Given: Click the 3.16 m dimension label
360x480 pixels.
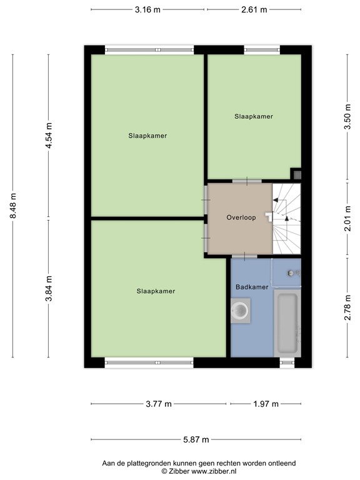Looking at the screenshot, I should pos(148,10).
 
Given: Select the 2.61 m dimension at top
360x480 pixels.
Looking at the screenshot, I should pos(254,10).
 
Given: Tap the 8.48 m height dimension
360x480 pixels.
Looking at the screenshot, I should pos(12,206).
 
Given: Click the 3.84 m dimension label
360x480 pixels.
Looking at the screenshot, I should pos(49,289).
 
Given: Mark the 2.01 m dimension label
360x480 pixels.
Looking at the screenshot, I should pos(347,219).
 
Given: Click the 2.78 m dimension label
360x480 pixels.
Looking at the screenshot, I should pos(347,307).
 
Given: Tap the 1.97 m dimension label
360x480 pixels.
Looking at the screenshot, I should pos(266,404).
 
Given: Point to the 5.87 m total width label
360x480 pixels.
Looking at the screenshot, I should pos(196,439).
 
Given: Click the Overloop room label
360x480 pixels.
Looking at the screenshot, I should pos(239,217).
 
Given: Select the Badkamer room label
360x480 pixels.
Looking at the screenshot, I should pos(252,287).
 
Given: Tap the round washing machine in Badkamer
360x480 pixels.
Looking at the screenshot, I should pos(241,311).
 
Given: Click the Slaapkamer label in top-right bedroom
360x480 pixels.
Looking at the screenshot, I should pos(254,116).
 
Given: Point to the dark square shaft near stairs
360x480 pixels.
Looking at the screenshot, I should pos(297,175).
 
